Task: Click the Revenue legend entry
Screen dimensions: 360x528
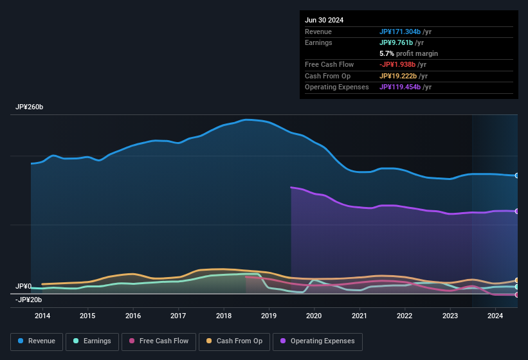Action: pyautogui.click(x=37, y=341)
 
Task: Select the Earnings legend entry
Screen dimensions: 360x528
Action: pyautogui.click(x=93, y=341)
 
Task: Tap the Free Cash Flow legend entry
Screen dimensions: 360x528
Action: pyautogui.click(x=159, y=341)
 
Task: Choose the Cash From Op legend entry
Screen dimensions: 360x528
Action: pyautogui.click(x=235, y=341)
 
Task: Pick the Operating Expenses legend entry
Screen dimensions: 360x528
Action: pyautogui.click(x=318, y=341)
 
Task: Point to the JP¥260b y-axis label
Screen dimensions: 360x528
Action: pyautogui.click(x=30, y=107)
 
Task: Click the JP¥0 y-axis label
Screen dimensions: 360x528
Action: pyautogui.click(x=24, y=286)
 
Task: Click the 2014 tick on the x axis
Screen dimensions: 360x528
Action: pyautogui.click(x=42, y=316)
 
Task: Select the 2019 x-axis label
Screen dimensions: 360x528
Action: pyautogui.click(x=269, y=316)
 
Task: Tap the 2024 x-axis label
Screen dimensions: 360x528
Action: pyautogui.click(x=495, y=316)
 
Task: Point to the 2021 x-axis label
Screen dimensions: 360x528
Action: pyautogui.click(x=360, y=316)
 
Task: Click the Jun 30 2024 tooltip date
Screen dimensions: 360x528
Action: pyautogui.click(x=324, y=20)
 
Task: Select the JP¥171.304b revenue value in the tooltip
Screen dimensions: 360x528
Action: pyautogui.click(x=400, y=32)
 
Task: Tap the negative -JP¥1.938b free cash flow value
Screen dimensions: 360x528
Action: pyautogui.click(x=398, y=64)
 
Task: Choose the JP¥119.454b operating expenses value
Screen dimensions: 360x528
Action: pyautogui.click(x=400, y=87)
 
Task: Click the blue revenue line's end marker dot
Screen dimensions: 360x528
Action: pyautogui.click(x=517, y=175)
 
